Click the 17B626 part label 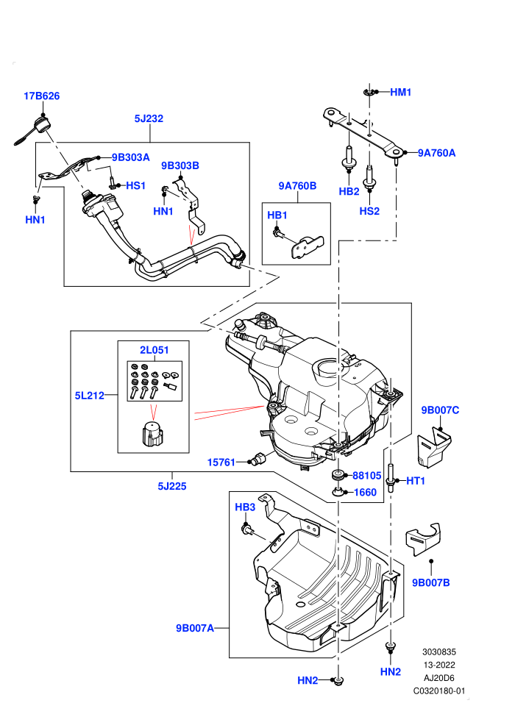coord(42,96)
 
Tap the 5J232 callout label coord(149,119)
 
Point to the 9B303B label coord(180,165)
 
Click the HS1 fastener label coord(135,186)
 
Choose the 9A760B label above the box coord(297,186)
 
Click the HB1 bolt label coord(277,215)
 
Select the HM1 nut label coord(401,93)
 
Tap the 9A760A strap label coord(436,153)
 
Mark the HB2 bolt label coord(349,192)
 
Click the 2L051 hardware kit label coord(154,350)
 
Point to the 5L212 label coord(90,396)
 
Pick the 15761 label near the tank coord(221,463)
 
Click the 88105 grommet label coord(367,476)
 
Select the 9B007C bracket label coord(440,410)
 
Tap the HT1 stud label coord(416,481)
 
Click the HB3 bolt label coord(245,507)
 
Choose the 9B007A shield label coord(195,629)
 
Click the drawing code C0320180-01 coord(439,691)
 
